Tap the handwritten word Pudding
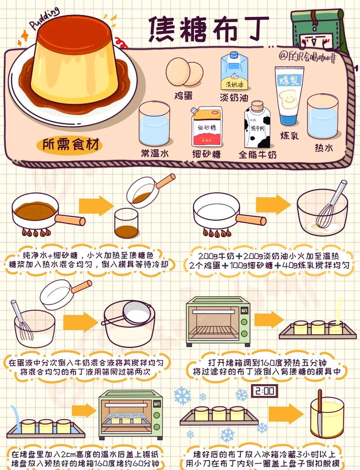point(45,18)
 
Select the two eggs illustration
point(184,72)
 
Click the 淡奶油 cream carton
point(234,71)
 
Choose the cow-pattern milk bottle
point(257,124)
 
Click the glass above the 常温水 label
point(154,124)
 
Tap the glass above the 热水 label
point(323,117)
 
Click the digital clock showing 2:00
point(265,391)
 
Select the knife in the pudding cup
point(320,413)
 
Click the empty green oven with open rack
point(218,321)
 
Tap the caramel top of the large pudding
point(75,32)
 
